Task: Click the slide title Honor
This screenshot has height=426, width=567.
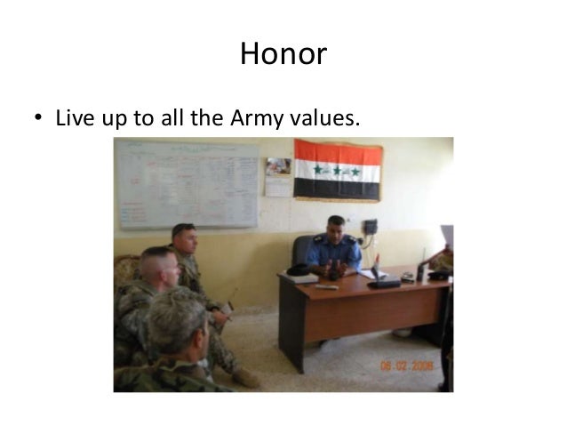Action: coord(283,55)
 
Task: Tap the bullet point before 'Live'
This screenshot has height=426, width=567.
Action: coord(39,119)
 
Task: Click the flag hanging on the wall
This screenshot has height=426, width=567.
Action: coord(338,170)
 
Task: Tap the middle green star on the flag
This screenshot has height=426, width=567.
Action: coord(338,170)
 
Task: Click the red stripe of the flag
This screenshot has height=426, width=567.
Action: coord(338,151)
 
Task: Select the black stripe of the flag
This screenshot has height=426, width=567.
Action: coord(338,189)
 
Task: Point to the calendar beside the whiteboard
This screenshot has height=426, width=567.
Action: coord(277,177)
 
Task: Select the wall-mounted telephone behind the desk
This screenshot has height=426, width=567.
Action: coord(370,228)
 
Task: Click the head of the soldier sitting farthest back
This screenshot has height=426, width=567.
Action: coord(184,238)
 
